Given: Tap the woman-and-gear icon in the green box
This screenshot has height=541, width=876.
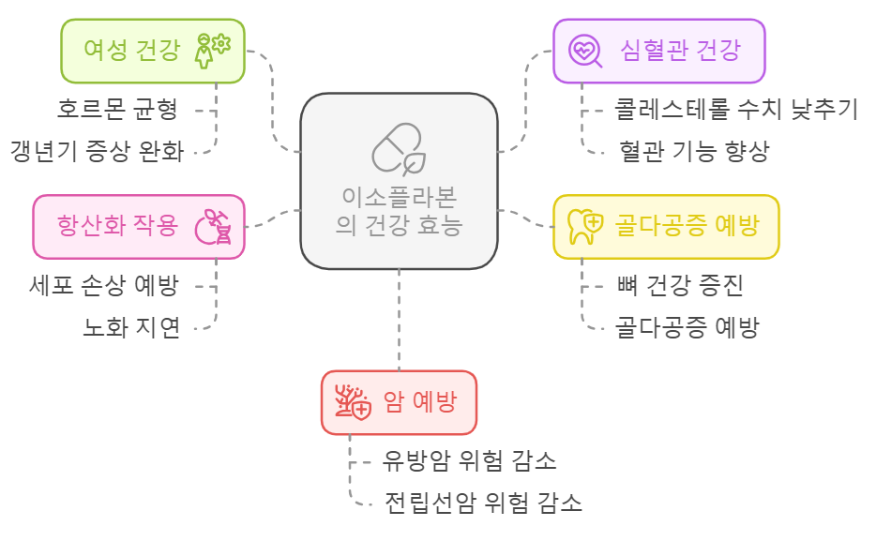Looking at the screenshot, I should (212, 50).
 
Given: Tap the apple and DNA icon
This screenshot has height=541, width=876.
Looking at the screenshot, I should (213, 227).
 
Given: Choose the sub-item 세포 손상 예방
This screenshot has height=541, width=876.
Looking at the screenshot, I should (104, 286).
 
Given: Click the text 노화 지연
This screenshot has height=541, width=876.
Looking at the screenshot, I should (131, 328).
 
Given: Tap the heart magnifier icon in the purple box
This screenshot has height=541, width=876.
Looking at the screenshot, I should (586, 51).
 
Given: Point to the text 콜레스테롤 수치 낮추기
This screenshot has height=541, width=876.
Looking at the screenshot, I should (736, 110).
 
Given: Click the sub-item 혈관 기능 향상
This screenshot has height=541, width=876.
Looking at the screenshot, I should (694, 152).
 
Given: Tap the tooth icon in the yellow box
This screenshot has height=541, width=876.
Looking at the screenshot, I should (585, 227).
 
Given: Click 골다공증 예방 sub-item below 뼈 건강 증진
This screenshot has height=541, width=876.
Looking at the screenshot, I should (687, 327).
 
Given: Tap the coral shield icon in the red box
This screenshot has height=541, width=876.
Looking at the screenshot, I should (353, 403).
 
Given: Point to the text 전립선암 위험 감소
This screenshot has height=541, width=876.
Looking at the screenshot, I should (483, 503).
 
